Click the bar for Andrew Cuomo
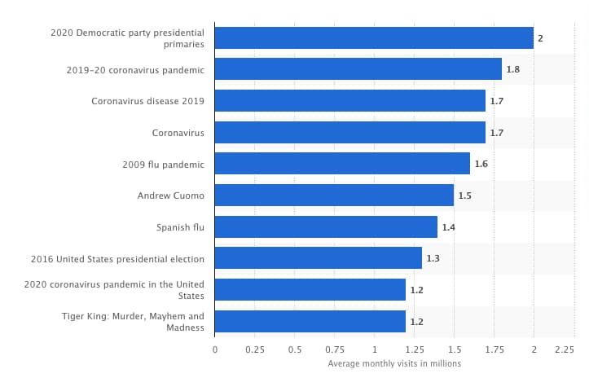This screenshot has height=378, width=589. point(334,196)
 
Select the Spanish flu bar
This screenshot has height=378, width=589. point(326,227)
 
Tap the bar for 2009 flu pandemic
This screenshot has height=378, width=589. point(342,164)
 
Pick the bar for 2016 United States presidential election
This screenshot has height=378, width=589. point(318,258)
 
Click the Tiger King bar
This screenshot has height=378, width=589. point(310,322)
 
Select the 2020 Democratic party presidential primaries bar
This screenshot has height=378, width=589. point(374,38)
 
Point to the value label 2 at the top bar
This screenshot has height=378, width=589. point(540,38)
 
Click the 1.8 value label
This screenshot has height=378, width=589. point(512,70)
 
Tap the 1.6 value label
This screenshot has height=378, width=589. point(481,164)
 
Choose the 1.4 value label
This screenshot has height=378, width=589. point(448,227)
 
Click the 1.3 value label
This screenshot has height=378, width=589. point(433,258)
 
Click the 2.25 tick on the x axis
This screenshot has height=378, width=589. point(565,349)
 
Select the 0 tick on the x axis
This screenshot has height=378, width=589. point(215,349)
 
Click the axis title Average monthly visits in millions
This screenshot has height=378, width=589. point(394,363)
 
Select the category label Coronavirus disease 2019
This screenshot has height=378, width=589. point(147,101)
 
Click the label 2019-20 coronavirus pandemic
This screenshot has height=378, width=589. point(135,70)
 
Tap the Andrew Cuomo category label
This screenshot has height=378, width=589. point(171,196)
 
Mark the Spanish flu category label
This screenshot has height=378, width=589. point(180,227)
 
